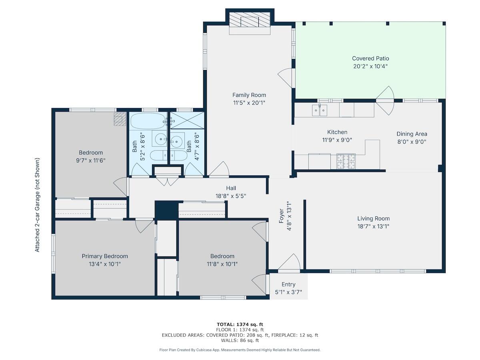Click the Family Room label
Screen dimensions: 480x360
pos(249,95)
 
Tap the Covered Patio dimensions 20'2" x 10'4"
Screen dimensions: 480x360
pos(370,66)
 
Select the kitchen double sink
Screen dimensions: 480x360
pos(320,110)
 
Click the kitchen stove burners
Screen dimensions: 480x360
pos(346,162)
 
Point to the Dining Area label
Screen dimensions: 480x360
pos(412,134)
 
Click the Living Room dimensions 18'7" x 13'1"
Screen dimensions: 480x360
pos(373,226)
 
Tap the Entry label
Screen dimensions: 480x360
pos(288,284)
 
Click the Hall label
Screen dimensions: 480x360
pos(231,188)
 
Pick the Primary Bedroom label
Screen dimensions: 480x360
pos(105,256)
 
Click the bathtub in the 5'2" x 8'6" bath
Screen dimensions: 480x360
pos(148,121)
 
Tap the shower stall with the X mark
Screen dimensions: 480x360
pos(187,120)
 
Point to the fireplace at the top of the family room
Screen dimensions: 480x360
pos(250,22)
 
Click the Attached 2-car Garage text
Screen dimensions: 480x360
pos(37,205)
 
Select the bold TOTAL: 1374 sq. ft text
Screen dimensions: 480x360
pos(240,324)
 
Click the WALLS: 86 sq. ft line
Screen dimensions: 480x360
pos(240,340)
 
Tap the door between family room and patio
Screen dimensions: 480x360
pos(285,78)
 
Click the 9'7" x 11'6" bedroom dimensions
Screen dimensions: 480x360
pos(91,160)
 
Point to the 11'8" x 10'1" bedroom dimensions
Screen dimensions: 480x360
pos(222,264)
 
